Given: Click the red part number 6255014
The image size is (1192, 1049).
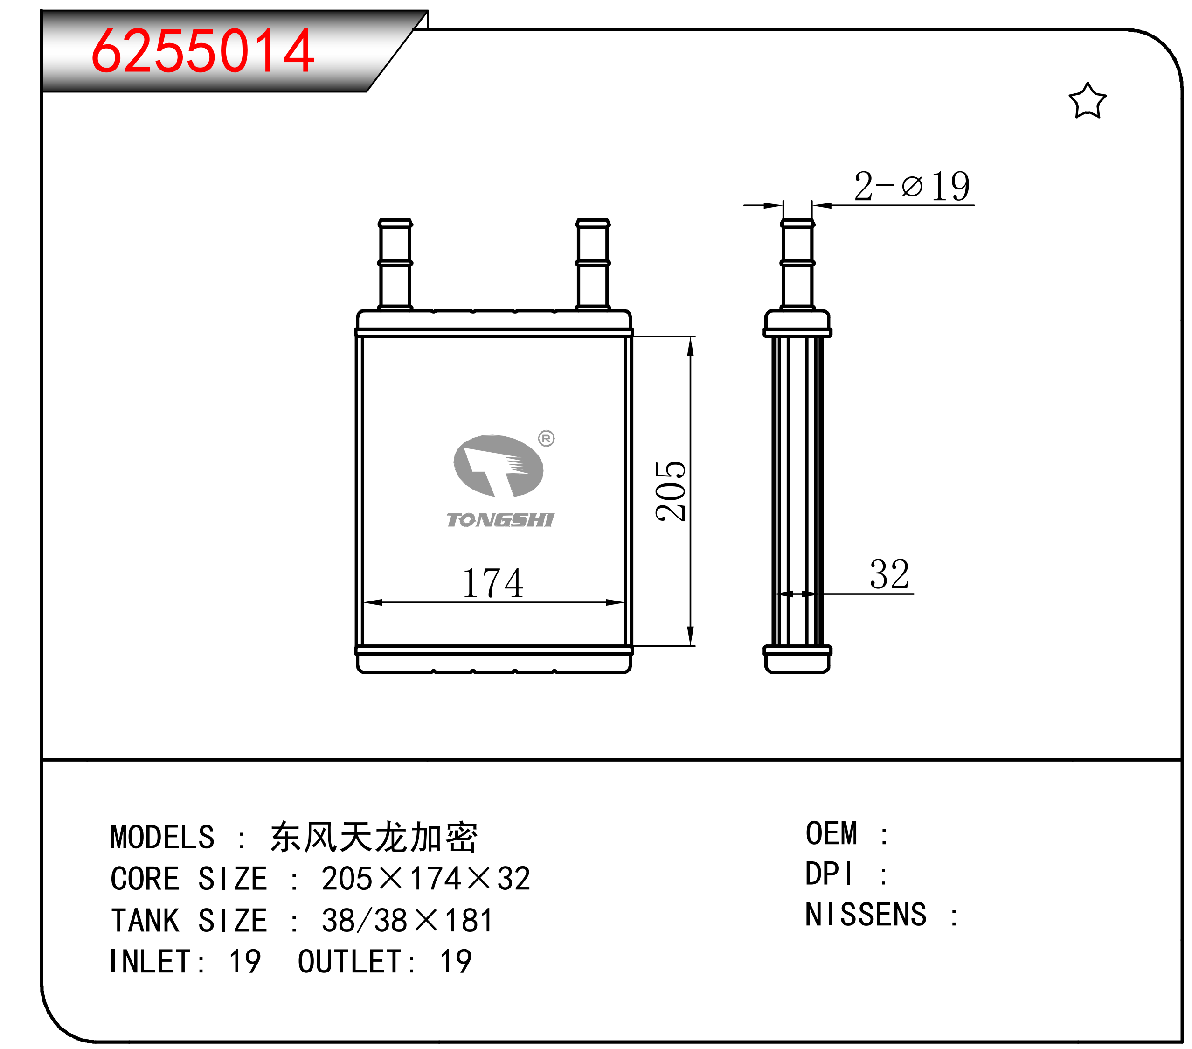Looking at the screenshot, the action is click(203, 51).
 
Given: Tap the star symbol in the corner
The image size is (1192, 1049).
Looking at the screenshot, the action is click(1087, 100).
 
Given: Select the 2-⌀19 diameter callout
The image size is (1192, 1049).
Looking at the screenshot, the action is click(912, 186).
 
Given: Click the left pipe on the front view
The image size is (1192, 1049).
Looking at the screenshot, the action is click(395, 264).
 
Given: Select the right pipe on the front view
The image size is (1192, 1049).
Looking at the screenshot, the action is click(592, 264).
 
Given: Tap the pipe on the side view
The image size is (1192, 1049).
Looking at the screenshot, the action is click(797, 264).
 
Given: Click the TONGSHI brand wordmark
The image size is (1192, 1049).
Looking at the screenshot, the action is click(500, 519).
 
